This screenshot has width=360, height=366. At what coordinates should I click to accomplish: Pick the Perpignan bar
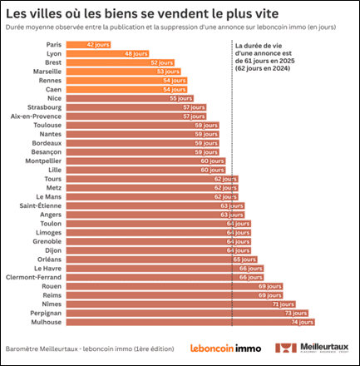tap(187, 312)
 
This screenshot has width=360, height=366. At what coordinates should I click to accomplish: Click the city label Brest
tap(52, 62)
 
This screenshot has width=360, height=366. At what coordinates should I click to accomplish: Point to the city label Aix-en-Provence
tap(37, 115)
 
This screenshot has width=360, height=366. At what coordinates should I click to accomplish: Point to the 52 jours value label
tap(163, 62)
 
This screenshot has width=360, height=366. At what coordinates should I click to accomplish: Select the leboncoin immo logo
tap(225, 348)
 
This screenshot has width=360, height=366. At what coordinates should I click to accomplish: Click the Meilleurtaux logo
tap(317, 347)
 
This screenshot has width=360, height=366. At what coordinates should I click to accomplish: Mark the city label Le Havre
tap(47, 268)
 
